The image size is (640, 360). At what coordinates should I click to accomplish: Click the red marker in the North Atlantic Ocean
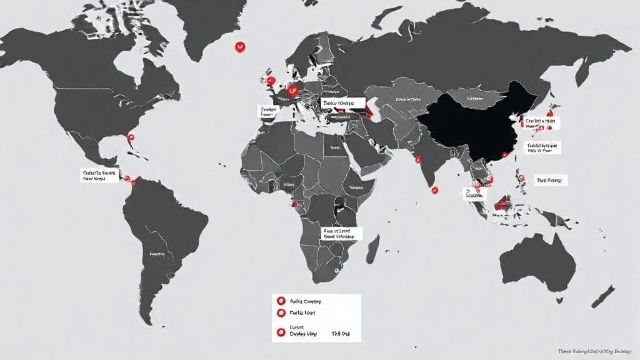coord(239,46)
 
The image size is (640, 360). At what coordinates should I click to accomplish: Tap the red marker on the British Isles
coord(271,81)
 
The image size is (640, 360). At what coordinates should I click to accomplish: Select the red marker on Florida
coord(131,134)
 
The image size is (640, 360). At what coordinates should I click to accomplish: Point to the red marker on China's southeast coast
coord(514,119)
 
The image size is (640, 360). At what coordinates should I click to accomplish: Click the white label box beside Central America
coord(99,175)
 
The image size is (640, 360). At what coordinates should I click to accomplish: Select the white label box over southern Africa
coord(342,234)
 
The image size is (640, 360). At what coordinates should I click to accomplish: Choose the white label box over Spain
coord(268,112)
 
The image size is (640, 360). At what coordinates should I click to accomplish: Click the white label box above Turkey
coord(337,102)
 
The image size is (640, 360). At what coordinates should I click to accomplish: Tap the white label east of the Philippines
coord(549,181)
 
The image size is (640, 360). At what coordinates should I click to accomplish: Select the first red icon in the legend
coord(281,301)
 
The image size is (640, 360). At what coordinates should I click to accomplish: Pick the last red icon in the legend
coord(281,331)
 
